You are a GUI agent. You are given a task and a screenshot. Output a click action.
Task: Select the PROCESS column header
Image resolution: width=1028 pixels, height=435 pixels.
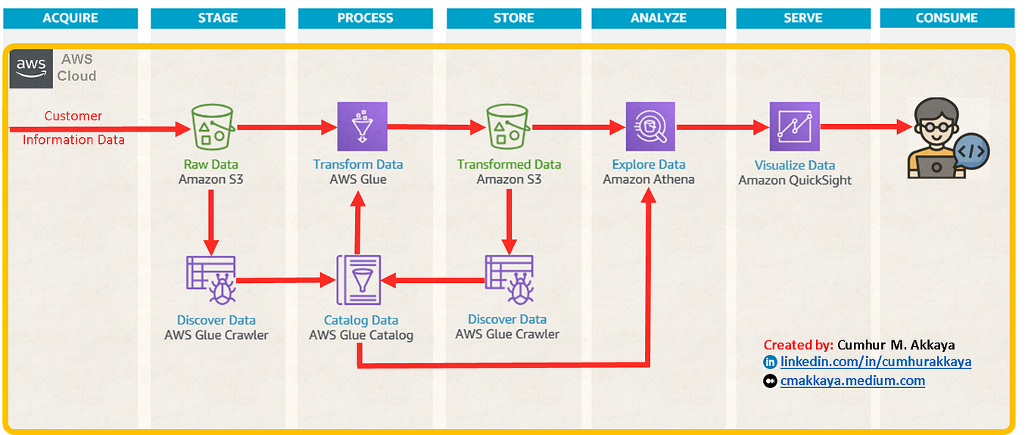366,18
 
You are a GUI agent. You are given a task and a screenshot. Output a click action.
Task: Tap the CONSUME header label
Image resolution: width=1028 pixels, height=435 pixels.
946,18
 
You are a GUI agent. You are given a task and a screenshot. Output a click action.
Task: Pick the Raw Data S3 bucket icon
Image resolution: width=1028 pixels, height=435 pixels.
211,126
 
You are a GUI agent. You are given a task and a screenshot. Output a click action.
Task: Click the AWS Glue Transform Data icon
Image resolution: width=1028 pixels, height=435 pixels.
362,126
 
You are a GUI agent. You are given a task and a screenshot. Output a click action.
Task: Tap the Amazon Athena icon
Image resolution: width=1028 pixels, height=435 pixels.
650,126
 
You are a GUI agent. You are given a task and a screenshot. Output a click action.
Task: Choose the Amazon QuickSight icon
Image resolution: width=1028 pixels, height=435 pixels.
794,126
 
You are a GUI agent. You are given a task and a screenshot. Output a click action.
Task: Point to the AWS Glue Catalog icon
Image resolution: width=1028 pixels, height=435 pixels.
359,280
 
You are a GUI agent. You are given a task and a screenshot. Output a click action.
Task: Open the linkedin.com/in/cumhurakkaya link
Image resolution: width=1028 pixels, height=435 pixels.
876,362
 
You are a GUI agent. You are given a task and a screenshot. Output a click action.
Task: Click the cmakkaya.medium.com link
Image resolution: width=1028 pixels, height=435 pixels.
852,381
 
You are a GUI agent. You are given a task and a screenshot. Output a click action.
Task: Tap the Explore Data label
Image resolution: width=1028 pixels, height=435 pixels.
649,164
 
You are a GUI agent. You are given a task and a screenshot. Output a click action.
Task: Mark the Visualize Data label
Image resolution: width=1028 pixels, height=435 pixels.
795,165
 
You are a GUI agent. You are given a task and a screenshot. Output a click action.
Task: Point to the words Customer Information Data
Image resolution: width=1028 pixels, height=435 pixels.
73,128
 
